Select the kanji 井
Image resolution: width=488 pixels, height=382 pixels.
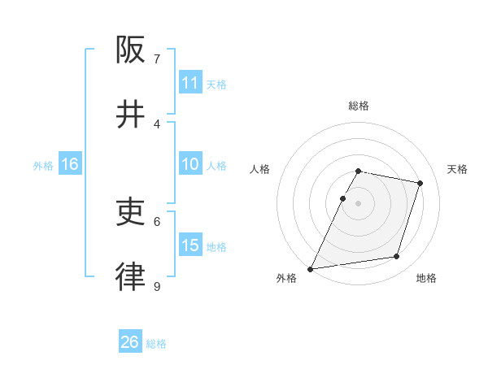[130, 115]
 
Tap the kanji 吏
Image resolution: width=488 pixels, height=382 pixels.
[130, 212]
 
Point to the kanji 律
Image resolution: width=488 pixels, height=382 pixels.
[130, 277]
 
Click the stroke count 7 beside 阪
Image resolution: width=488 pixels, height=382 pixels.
[157, 59]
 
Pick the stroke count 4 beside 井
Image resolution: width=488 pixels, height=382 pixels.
[157, 124]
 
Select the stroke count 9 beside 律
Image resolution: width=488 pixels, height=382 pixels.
[157, 286]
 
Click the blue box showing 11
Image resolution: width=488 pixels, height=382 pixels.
[190, 83]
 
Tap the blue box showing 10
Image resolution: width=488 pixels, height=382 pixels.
[190, 164]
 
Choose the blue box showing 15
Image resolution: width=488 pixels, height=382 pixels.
[190, 245]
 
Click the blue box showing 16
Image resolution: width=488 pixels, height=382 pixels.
[70, 164]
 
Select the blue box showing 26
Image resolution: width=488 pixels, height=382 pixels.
[130, 342]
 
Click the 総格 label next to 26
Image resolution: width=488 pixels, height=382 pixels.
[156, 344]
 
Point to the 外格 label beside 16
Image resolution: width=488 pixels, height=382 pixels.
[43, 166]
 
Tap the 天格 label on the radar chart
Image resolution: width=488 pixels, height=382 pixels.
[457, 169]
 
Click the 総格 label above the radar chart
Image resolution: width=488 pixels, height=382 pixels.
[358, 106]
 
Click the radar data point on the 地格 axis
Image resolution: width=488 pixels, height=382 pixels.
[397, 257]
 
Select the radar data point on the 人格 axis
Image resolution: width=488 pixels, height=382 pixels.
[342, 198]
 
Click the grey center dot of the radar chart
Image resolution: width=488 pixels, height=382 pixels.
[358, 203]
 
